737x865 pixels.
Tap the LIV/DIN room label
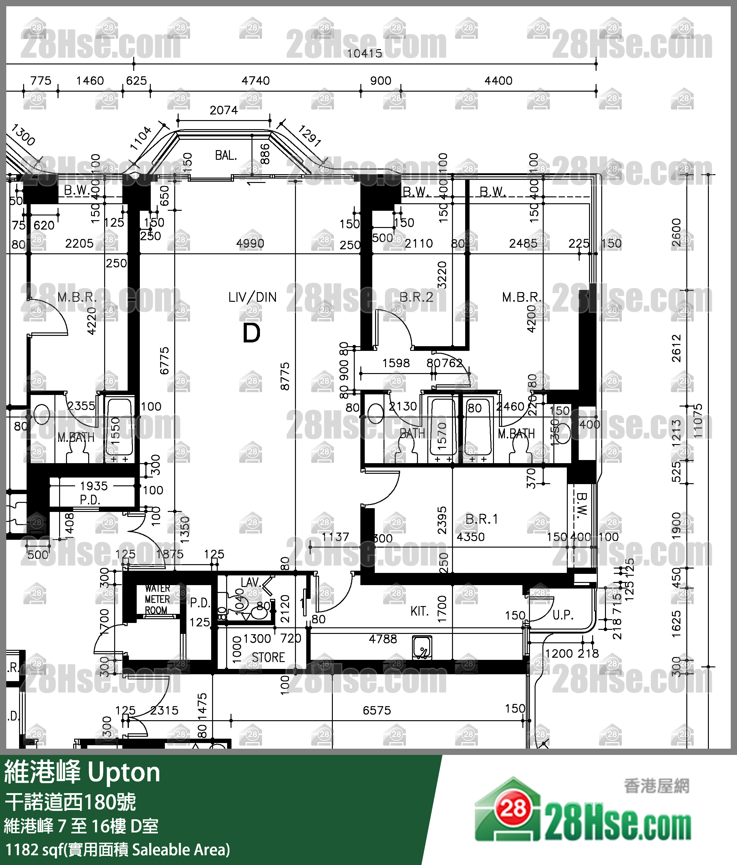[x=252, y=297]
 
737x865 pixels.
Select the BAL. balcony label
[x=226, y=155]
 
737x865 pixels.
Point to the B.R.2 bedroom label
[x=416, y=297]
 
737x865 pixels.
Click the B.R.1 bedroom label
[x=481, y=519]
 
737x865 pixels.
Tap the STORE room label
[x=268, y=658]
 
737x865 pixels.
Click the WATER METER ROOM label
[x=157, y=599]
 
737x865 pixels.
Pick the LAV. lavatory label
[x=251, y=582]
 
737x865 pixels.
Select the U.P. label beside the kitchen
[x=562, y=615]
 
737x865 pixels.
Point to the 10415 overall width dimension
[x=364, y=53]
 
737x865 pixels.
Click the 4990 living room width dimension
[x=250, y=243]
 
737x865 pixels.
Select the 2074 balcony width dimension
[x=223, y=110]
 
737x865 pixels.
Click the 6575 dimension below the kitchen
[x=377, y=710]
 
